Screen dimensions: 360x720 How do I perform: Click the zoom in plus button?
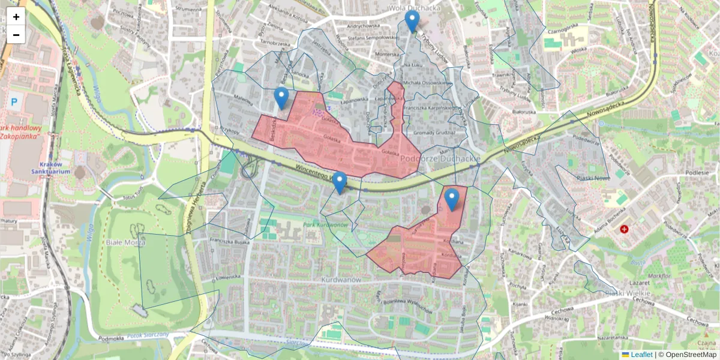click(x=16, y=17)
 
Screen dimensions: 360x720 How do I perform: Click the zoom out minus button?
click(x=16, y=35)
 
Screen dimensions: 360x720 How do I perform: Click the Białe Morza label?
click(x=122, y=243)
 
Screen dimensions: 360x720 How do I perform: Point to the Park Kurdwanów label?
click(x=326, y=224)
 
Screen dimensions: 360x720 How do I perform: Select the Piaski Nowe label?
click(x=593, y=178)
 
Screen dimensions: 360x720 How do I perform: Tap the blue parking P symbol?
click(x=14, y=103)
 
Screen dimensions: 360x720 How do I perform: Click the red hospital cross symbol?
click(x=625, y=229)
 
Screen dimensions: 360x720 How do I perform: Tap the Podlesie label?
click(x=697, y=173)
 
